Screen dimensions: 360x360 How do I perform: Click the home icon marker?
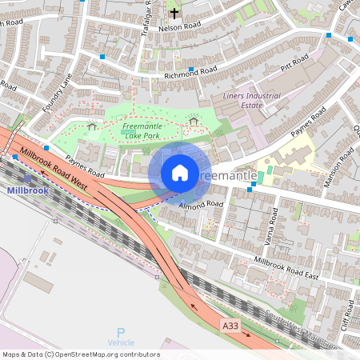(x=180, y=173)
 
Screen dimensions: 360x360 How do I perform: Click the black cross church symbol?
(x=174, y=13)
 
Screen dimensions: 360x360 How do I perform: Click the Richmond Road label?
(x=190, y=73)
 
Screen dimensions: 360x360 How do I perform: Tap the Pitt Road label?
(x=294, y=62)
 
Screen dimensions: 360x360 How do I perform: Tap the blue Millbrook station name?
(x=27, y=191)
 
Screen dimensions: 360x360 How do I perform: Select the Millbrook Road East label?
(x=286, y=269)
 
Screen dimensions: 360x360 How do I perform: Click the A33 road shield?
(x=230, y=326)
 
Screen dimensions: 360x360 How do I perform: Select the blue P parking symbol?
(x=121, y=332)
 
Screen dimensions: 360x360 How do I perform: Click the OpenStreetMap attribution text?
(x=81, y=354)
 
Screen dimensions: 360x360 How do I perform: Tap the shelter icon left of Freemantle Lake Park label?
(x=91, y=126)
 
